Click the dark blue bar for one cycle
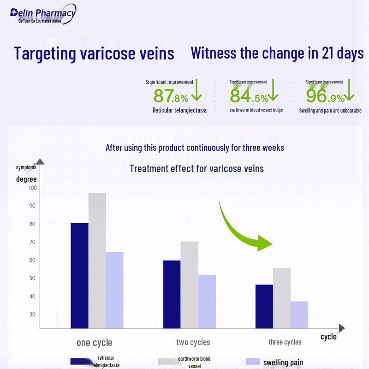point(79,275)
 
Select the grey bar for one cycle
point(97,261)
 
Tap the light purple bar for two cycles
point(207,302)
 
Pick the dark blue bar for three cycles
point(264,306)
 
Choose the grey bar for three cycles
point(282,298)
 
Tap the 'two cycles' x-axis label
point(193,342)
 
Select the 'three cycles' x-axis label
point(285,342)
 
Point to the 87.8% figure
point(171,96)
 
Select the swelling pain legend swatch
point(253,362)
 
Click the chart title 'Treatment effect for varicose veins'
point(196,168)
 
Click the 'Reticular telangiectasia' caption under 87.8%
point(179,110)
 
